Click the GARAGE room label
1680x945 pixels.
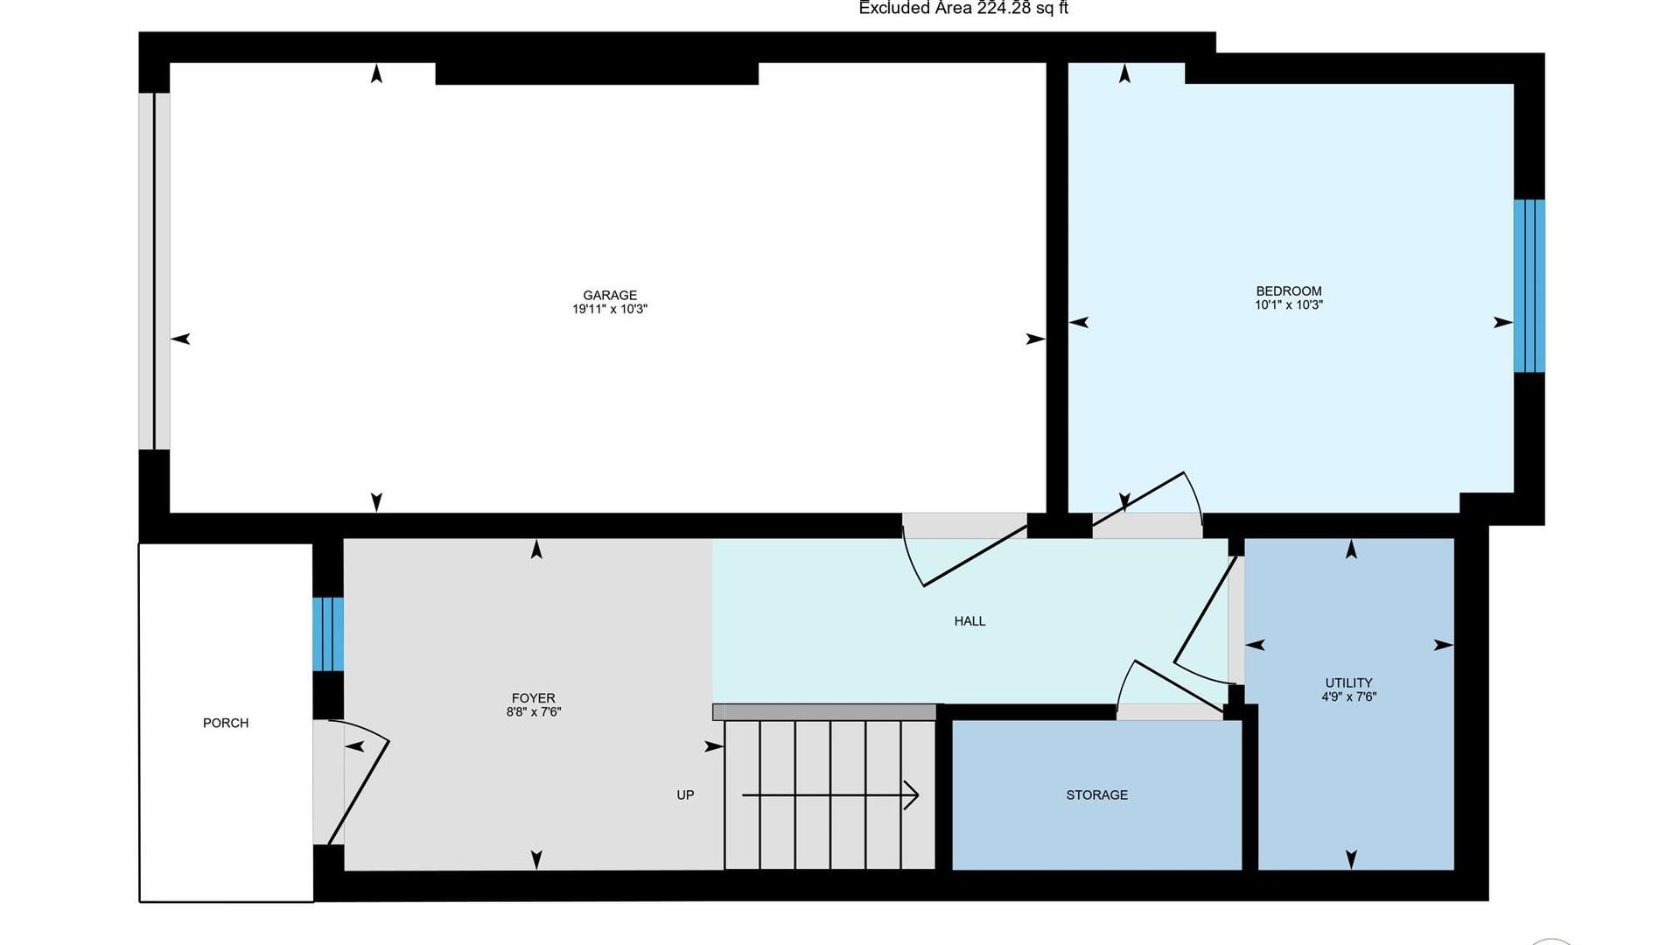(x=610, y=296)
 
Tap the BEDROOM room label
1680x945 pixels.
(x=1289, y=291)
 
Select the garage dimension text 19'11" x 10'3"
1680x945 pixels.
(x=610, y=309)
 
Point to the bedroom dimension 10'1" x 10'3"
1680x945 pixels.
(x=1289, y=305)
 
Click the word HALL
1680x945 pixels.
(x=969, y=621)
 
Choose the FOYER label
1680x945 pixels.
(x=534, y=698)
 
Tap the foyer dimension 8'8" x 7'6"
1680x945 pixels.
(x=534, y=712)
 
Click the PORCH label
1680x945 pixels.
(x=226, y=723)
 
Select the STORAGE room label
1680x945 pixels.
(x=1097, y=795)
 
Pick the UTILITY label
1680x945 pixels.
(x=1348, y=683)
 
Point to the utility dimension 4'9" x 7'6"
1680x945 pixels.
(x=1348, y=697)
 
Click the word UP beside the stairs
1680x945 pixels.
(x=685, y=795)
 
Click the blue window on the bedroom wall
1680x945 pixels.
(x=1529, y=286)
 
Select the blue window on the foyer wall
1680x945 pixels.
(x=328, y=634)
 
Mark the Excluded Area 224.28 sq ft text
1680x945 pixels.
(x=963, y=9)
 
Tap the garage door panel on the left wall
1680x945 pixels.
(x=154, y=271)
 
